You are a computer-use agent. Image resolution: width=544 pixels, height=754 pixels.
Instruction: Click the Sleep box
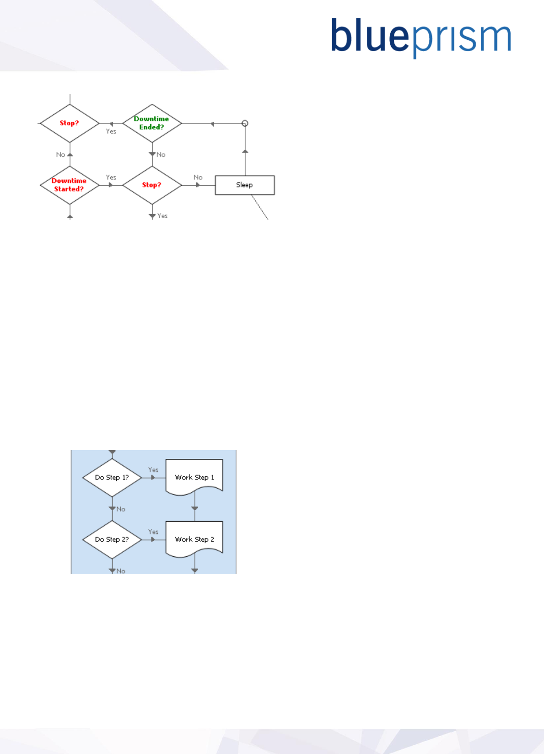coord(245,185)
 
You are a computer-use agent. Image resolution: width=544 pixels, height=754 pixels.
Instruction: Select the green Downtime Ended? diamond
coord(152,123)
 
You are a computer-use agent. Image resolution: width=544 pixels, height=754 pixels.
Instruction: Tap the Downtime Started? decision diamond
coord(70,185)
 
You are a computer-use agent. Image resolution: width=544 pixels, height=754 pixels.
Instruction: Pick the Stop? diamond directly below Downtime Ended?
coord(152,185)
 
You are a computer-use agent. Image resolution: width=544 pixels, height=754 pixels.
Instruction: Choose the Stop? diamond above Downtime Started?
coord(70,123)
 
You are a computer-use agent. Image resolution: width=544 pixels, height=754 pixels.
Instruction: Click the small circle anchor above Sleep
coord(245,124)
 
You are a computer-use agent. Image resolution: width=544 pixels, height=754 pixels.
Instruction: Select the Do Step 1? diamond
coord(112,478)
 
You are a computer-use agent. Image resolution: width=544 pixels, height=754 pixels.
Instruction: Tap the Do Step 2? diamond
coord(112,540)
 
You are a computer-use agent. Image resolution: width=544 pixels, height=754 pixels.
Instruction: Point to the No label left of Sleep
coord(198,178)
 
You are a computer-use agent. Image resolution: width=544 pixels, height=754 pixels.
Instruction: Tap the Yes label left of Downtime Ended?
coord(111,131)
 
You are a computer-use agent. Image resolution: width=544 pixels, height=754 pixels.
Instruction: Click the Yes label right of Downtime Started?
coord(111,178)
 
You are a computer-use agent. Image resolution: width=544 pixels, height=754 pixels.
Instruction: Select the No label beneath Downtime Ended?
coord(161,155)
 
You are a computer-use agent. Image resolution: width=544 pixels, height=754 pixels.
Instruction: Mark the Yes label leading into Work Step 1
coord(153,470)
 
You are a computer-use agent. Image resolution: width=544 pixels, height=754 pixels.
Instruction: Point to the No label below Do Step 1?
coord(121,509)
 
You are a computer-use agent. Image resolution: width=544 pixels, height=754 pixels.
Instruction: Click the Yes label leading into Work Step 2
coord(153,532)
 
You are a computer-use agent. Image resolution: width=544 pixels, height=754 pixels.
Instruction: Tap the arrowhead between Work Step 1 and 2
coord(194,508)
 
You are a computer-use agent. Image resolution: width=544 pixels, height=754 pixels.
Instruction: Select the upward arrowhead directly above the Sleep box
coord(245,151)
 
